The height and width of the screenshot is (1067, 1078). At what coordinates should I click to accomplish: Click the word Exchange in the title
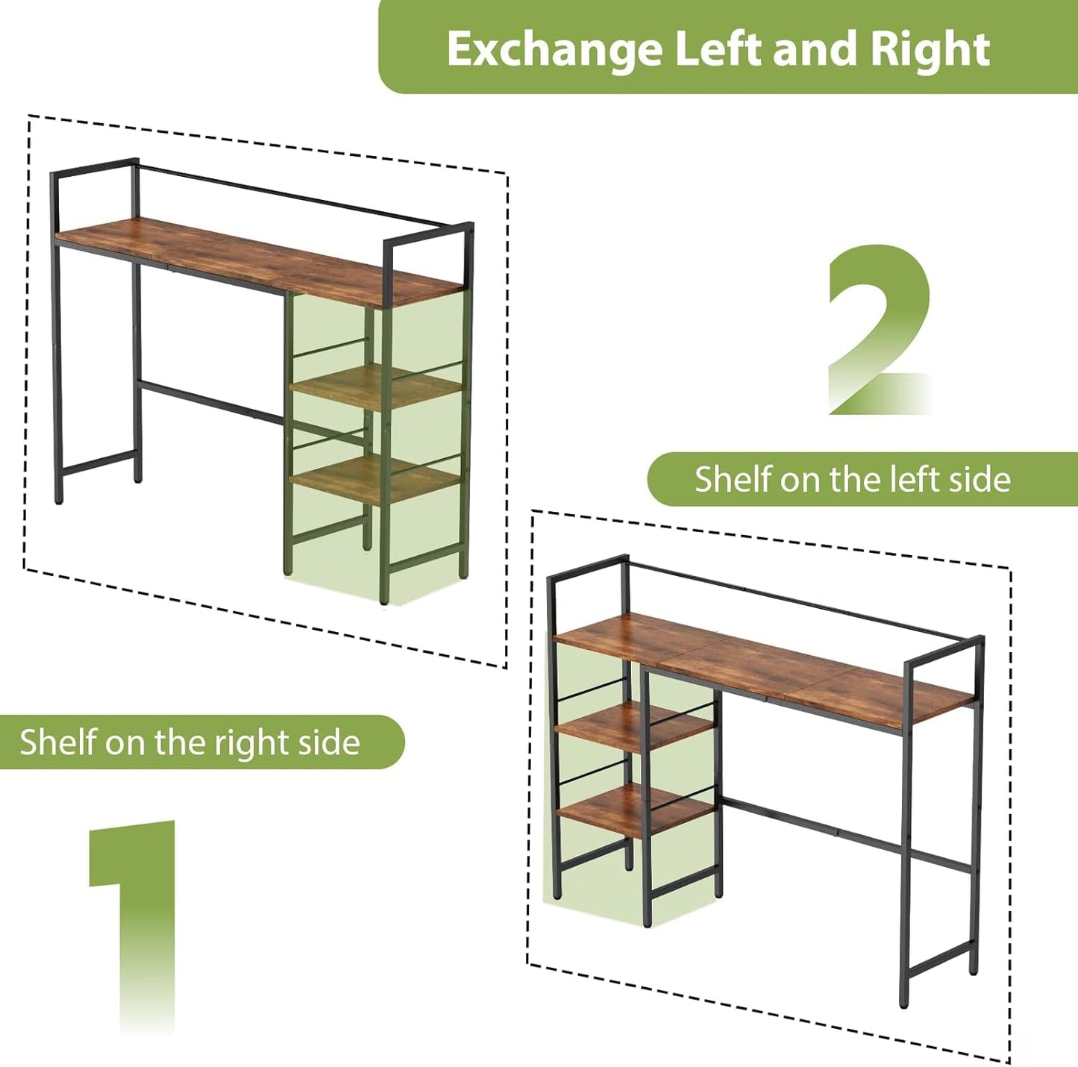(555, 51)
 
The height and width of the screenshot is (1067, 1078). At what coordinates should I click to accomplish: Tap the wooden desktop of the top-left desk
(261, 260)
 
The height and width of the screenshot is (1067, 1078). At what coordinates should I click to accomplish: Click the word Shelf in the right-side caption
(57, 742)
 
